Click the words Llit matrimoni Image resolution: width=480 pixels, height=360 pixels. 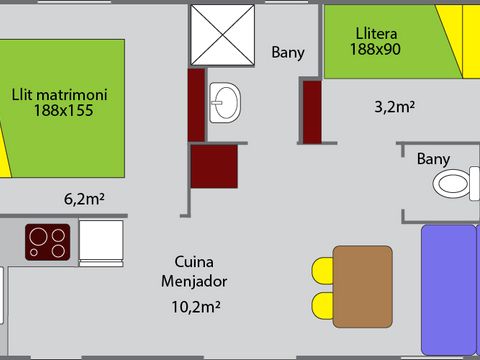click(59, 96)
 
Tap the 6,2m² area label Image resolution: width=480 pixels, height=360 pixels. click(84, 198)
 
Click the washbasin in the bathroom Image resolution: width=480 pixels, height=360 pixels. click(226, 101)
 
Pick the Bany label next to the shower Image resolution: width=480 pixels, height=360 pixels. click(288, 53)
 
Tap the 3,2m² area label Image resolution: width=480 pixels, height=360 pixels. click(394, 106)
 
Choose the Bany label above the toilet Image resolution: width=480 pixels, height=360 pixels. click(433, 159)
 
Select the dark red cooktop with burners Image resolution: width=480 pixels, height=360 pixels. click(48, 240)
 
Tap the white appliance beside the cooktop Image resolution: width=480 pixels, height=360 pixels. click(101, 241)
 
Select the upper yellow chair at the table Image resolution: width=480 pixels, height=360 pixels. click(322, 270)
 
